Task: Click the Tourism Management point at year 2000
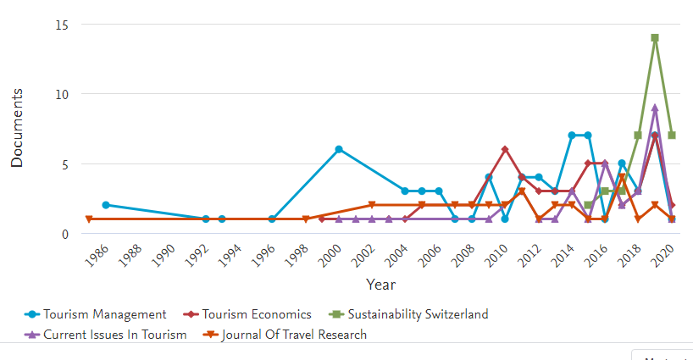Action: click(339, 149)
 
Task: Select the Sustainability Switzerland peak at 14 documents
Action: click(655, 38)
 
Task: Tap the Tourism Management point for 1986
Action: click(106, 205)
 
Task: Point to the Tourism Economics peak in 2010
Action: click(505, 149)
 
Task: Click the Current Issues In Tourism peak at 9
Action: click(655, 108)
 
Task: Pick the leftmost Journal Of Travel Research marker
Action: click(89, 219)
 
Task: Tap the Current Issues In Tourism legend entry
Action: click(114, 335)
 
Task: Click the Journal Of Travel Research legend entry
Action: click(294, 335)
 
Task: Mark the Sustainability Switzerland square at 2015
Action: click(588, 205)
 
